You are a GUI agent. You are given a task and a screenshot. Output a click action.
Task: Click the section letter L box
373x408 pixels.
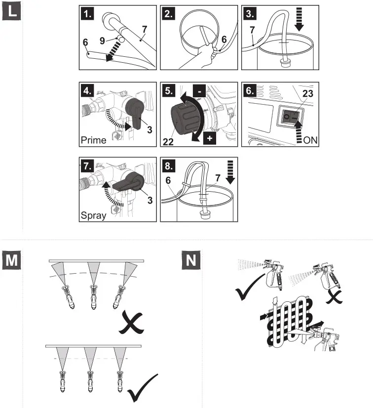13,11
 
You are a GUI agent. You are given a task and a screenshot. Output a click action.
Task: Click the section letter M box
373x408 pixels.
13,260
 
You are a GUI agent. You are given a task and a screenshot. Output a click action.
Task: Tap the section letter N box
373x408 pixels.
191,260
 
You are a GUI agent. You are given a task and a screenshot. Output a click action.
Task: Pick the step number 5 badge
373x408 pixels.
170,90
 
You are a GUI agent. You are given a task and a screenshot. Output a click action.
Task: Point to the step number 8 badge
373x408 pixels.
170,165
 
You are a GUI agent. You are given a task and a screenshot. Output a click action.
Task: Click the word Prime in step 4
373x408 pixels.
93,140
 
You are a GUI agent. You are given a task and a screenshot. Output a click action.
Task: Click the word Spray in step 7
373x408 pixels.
93,216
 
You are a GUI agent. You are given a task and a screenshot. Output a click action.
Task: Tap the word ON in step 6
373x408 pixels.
310,140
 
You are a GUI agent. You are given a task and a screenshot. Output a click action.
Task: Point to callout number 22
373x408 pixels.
169,142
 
